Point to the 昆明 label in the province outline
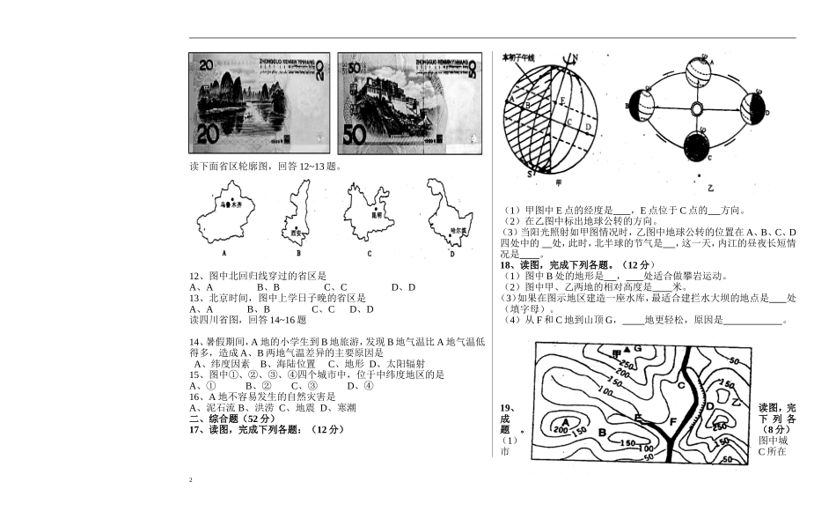pyautogui.click(x=377, y=214)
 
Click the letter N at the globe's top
pyautogui.click(x=573, y=60)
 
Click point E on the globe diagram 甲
pyautogui.click(x=561, y=100)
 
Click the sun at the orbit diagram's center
pyautogui.click(x=697, y=109)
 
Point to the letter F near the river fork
pyautogui.click(x=672, y=422)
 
